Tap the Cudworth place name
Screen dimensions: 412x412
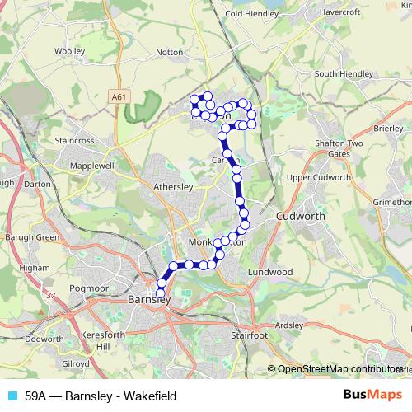pos(301,216)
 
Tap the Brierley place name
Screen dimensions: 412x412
pos(388,129)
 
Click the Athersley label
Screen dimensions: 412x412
pos(173,187)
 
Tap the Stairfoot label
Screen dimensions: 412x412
pos(249,335)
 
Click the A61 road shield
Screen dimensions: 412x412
pos(119,97)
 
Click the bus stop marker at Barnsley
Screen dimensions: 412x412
pos(161,293)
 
